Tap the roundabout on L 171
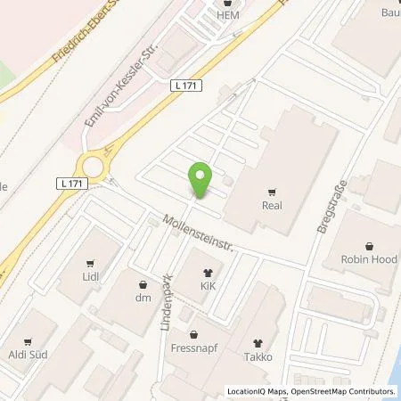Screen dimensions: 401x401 pos(92,166)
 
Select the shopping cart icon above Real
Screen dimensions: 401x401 pos(272,189)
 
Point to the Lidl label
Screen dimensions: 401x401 pos(90,277)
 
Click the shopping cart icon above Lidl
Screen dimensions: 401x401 pos(90,263)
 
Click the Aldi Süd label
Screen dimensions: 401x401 pos(29,354)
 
